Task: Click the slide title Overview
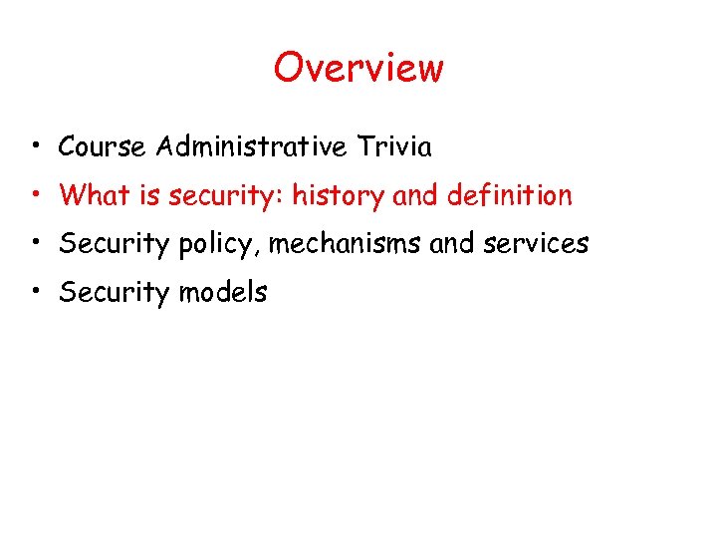(358, 68)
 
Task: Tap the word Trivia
(394, 147)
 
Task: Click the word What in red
(96, 195)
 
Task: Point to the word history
(339, 195)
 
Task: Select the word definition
(509, 195)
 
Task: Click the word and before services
(451, 244)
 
